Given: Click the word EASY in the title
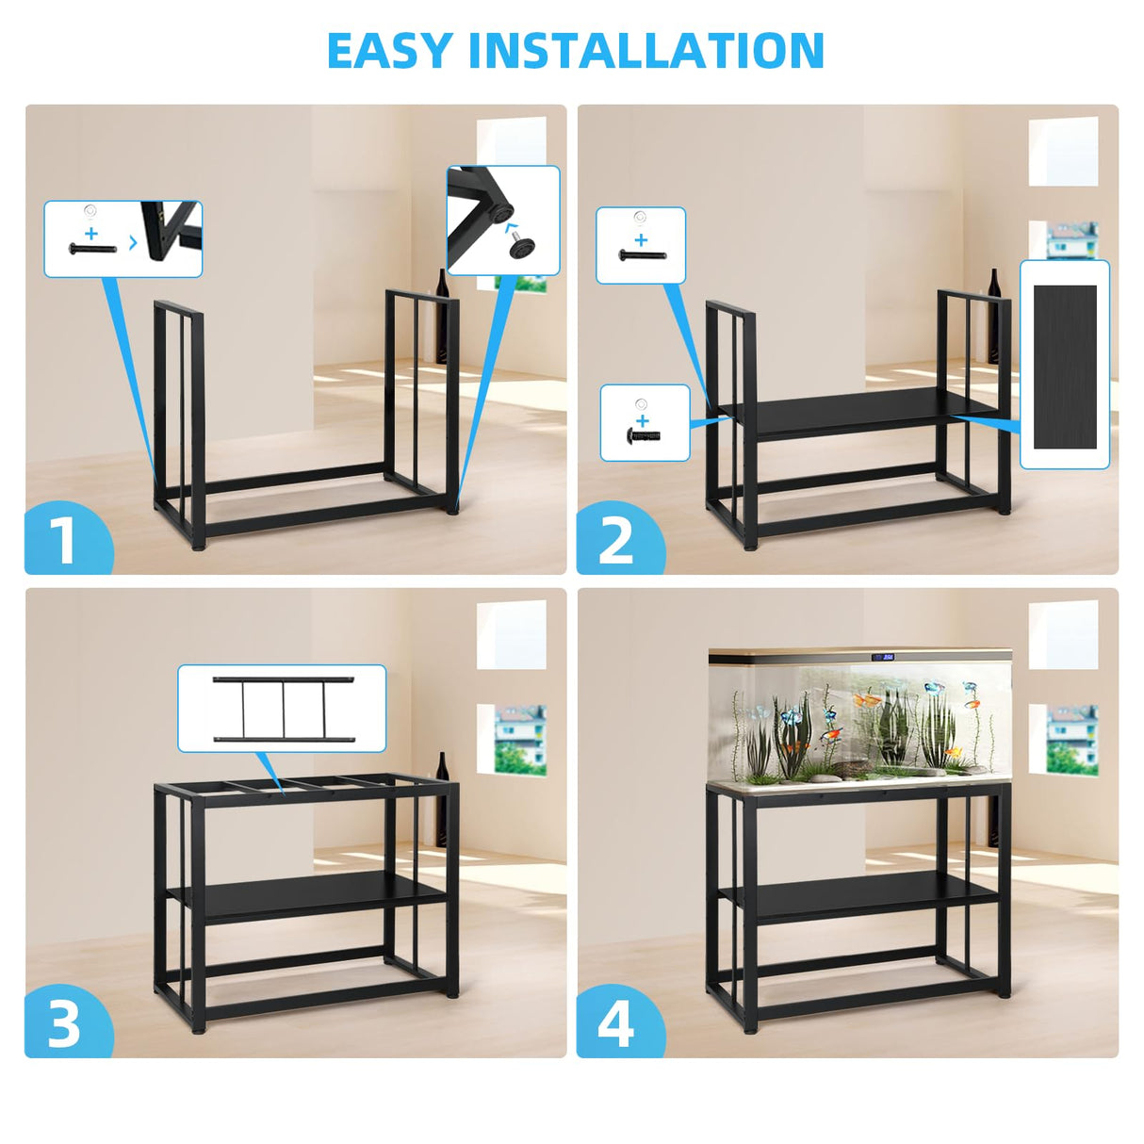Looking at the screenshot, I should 389,51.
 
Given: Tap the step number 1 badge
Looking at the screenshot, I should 64,540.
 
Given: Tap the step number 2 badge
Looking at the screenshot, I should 616,540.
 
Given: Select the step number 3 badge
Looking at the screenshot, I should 64,1023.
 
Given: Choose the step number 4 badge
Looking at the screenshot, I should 616,1023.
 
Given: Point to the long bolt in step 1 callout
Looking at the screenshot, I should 92,249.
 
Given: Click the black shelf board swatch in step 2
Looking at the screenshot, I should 1065,366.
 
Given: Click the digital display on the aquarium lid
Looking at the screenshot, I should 883,657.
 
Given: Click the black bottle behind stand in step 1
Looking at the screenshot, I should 441,316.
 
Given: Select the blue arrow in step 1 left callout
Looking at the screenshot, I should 132,242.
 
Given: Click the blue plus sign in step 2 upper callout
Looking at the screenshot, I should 641,239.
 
